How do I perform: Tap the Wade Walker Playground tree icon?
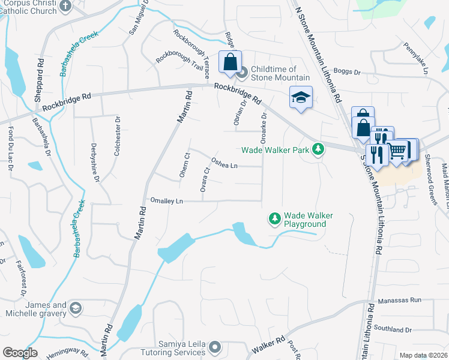274,220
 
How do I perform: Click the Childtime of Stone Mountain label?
280,73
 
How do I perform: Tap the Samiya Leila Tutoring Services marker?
215,347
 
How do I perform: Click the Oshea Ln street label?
225,163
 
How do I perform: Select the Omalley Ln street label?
166,201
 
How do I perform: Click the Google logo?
19,353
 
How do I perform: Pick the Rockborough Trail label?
175,58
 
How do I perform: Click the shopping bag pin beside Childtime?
230,62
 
